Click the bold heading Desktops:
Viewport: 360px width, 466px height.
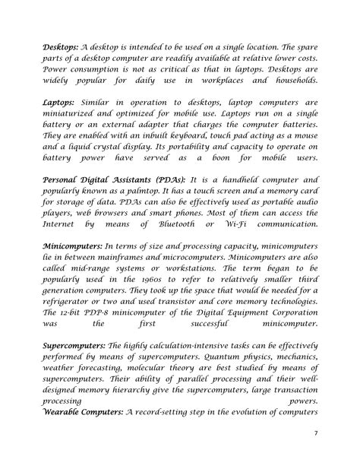click(x=61, y=46)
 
